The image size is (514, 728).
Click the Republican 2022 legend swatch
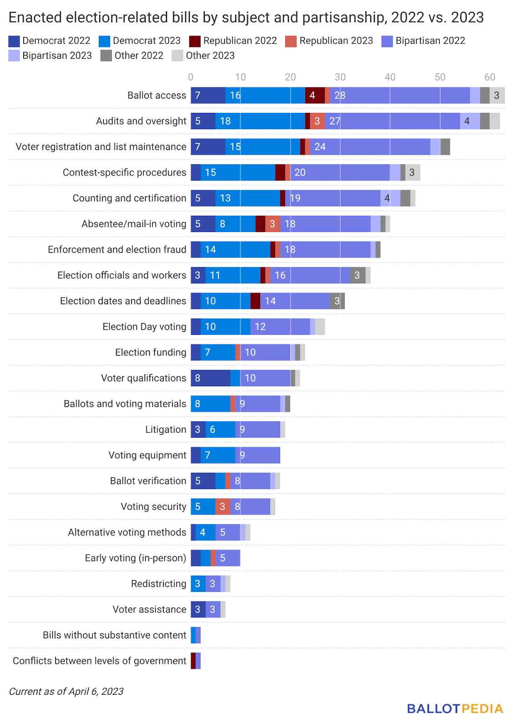click(195, 41)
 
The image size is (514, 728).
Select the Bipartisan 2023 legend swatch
click(14, 56)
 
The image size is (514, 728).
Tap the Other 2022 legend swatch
click(106, 56)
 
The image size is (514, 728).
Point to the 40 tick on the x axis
click(390, 77)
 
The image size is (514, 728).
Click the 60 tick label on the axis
click(489, 77)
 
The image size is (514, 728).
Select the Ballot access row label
click(156, 96)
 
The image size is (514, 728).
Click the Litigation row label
click(166, 430)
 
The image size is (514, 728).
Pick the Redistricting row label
click(158, 584)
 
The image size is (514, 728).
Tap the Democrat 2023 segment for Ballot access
click(265, 96)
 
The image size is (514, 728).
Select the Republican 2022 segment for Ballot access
click(315, 96)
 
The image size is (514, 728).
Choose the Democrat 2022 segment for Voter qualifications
click(211, 378)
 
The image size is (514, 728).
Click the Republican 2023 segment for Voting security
click(223, 506)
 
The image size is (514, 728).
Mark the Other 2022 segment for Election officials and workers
click(358, 275)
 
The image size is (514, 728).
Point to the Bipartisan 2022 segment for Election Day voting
click(280, 327)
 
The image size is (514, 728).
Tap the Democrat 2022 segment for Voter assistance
click(198, 609)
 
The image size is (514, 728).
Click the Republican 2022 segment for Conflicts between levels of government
click(193, 661)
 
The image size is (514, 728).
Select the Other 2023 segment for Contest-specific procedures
click(413, 172)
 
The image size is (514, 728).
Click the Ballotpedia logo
click(455, 708)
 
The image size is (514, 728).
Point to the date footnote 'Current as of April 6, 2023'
click(66, 692)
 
